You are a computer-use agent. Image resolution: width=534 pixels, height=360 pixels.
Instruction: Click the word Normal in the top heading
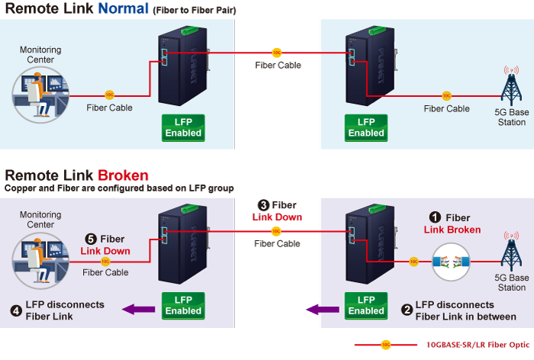121,10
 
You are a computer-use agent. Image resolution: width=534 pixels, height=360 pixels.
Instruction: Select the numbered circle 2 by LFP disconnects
407,310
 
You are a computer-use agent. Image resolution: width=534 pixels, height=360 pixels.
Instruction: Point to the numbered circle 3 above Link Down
263,205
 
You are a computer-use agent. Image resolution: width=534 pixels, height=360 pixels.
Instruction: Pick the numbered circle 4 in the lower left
16,310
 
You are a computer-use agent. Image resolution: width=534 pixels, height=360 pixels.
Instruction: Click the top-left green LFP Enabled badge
183,127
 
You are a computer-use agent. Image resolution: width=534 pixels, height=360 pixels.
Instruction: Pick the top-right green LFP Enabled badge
366,127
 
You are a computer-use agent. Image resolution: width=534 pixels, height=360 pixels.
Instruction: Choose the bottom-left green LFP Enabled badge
183,305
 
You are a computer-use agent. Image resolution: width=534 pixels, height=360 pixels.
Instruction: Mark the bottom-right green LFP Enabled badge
366,305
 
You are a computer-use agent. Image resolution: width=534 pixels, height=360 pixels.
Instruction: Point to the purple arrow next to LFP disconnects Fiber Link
139,309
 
